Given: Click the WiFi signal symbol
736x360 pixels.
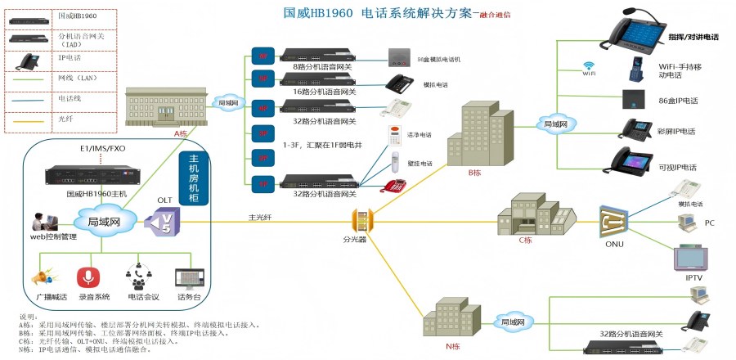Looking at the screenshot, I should [588, 65].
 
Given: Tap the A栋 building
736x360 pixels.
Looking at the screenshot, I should [163, 108].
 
